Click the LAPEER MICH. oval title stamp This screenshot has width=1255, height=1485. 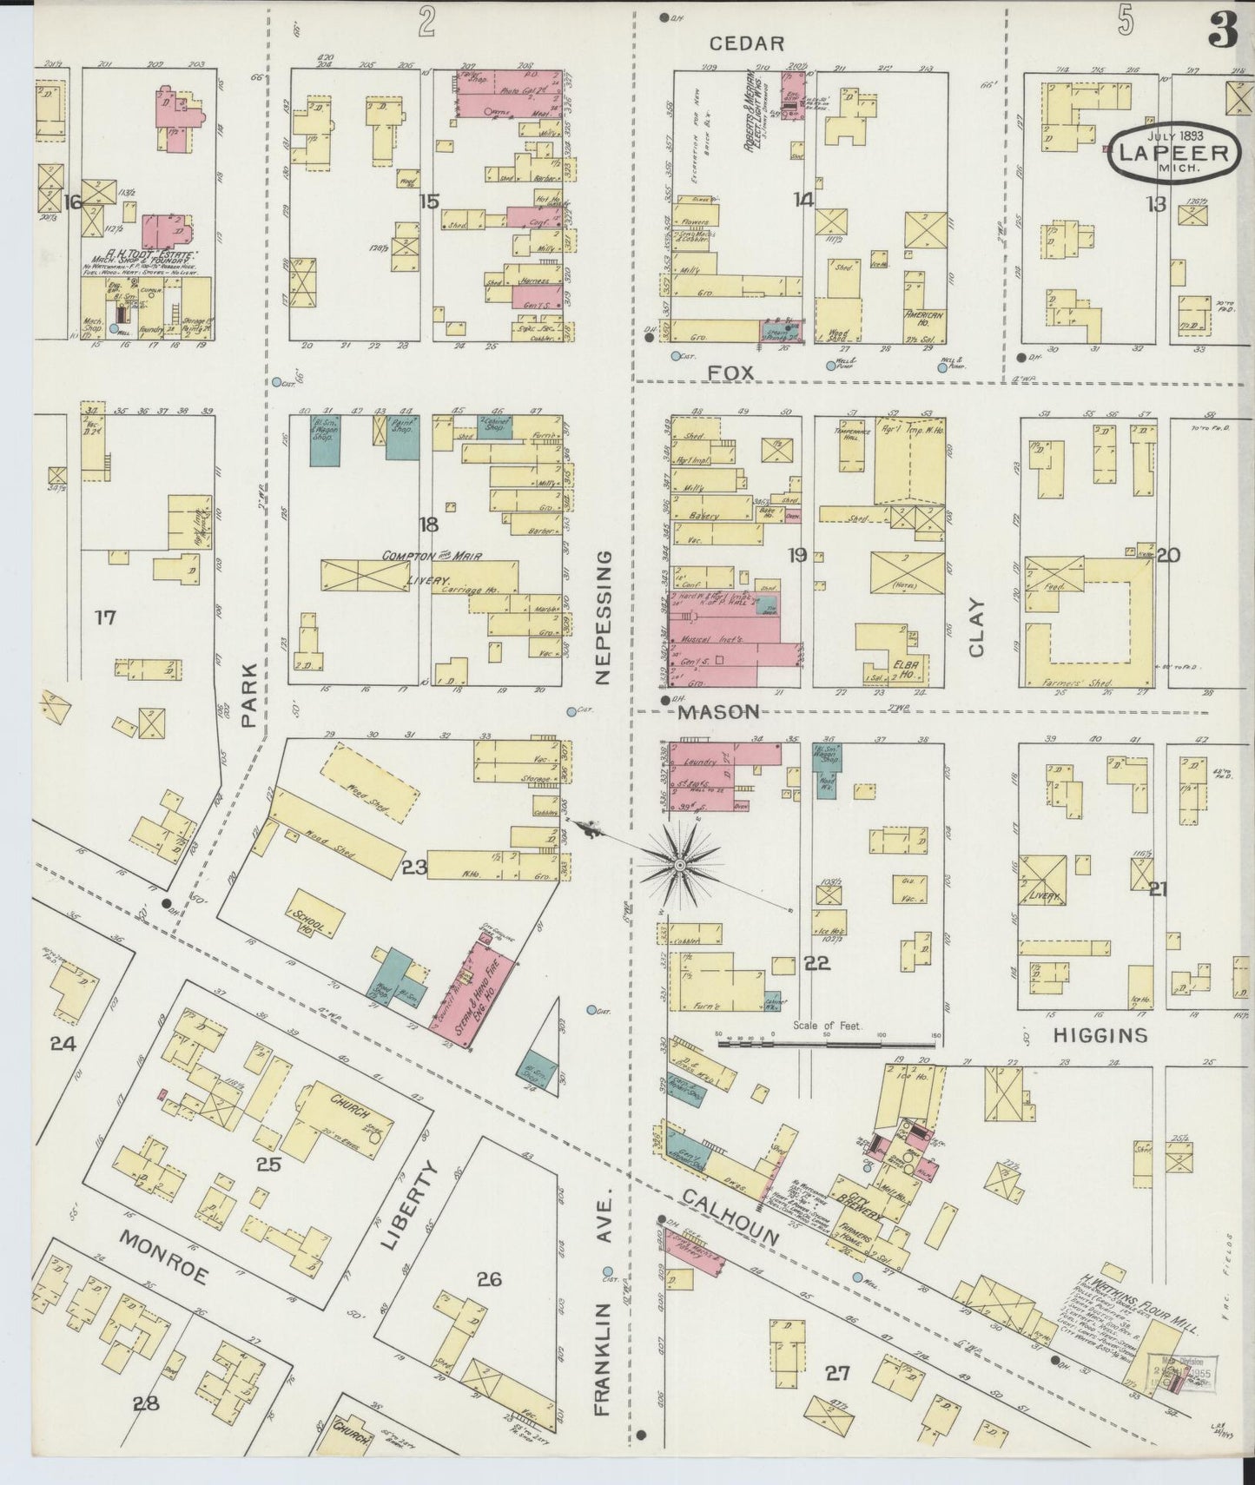click(x=1173, y=154)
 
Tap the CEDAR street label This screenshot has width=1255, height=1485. click(x=746, y=43)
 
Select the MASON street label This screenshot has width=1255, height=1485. click(x=718, y=711)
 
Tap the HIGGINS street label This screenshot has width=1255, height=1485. click(x=1100, y=1035)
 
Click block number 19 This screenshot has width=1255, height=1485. click(x=796, y=554)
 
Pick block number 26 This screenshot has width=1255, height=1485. click(x=489, y=1279)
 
